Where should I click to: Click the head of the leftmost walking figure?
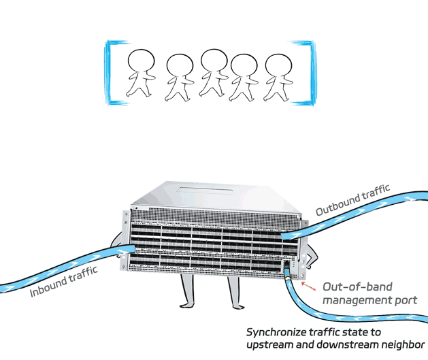click(x=141, y=61)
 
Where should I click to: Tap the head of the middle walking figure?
click(x=214, y=61)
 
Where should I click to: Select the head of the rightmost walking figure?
click(x=278, y=66)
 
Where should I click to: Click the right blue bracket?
click(x=312, y=73)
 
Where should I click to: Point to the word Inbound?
click(x=48, y=286)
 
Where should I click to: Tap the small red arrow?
click(x=308, y=286)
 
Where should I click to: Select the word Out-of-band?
click(x=357, y=287)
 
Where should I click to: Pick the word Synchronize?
click(x=276, y=332)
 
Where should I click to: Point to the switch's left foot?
click(x=188, y=305)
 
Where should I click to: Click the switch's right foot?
click(x=237, y=306)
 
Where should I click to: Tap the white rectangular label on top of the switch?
click(x=205, y=191)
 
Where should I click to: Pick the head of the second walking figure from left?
click(x=180, y=66)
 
